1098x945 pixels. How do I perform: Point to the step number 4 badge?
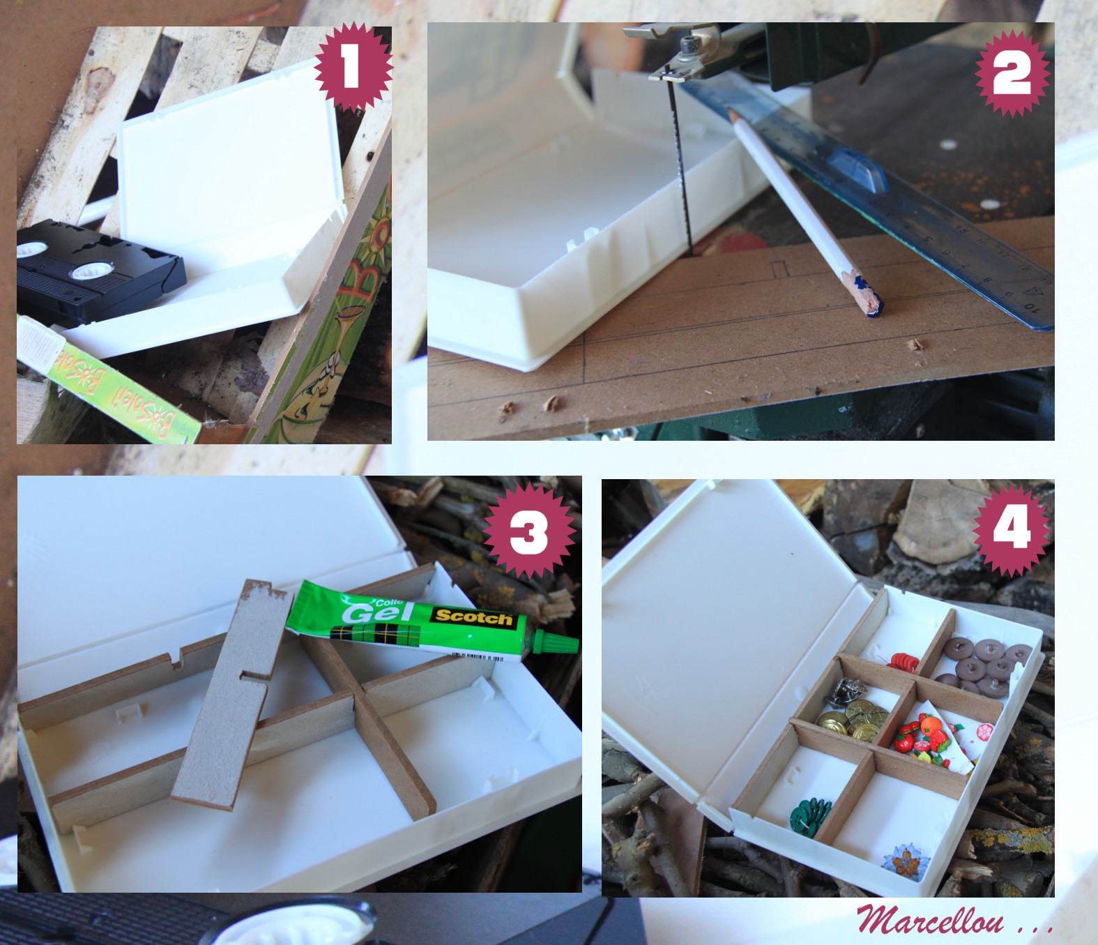click(x=1012, y=529)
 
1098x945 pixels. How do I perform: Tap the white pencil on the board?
click(x=802, y=209)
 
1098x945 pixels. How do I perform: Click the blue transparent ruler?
click(x=906, y=202)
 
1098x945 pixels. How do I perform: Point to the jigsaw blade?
click(x=682, y=174)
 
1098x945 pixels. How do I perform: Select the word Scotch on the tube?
click(x=474, y=617)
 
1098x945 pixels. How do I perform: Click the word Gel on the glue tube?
click(x=369, y=612)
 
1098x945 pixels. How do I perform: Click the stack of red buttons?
click(x=903, y=660)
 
